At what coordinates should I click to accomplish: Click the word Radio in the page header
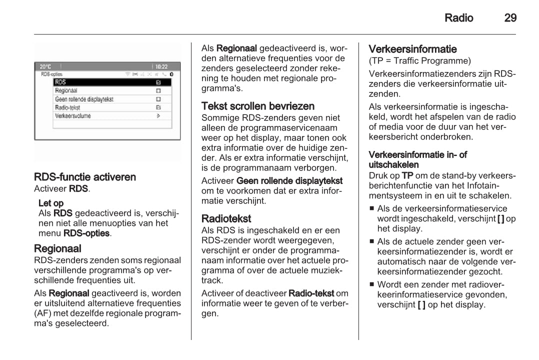pos(458,18)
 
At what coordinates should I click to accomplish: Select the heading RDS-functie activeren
pos(85,177)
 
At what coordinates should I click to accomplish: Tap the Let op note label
pos(51,203)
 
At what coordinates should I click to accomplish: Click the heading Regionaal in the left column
pos(57,248)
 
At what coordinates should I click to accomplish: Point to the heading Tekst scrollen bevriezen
pos(258,106)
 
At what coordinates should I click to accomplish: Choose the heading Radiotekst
pos(226,218)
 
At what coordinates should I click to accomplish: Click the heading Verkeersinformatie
pos(412,49)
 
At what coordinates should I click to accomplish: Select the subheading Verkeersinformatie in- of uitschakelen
pos(417,159)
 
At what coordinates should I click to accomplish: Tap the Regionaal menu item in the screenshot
pos(66,90)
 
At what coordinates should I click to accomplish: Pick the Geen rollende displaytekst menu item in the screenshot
pos(84,99)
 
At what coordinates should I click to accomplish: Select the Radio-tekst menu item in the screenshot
pos(67,107)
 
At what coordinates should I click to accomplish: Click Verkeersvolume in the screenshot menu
pos(73,116)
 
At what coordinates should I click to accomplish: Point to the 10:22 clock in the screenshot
pos(161,66)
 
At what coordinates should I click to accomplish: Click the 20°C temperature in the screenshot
pos(45,66)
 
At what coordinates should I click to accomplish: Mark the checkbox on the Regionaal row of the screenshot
pos(158,90)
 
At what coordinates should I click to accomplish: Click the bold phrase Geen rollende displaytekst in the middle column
pos(289,180)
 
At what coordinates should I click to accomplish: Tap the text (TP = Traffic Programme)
pos(419,61)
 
